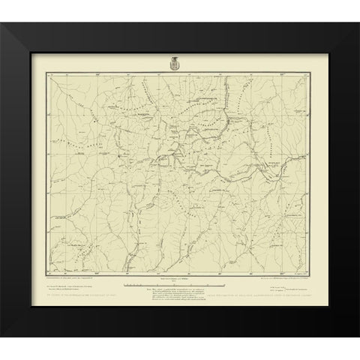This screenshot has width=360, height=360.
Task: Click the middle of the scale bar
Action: point(180,286)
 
